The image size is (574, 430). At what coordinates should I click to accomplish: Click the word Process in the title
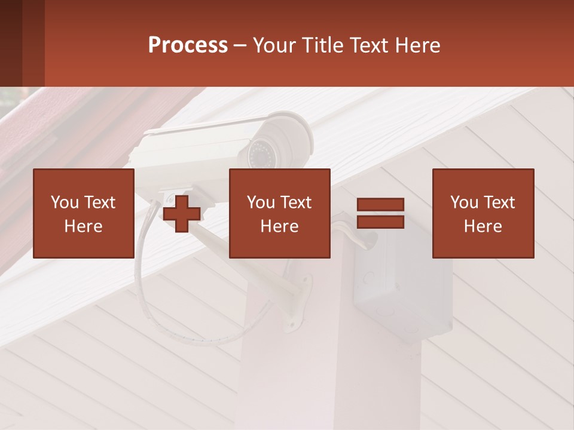pos(188,45)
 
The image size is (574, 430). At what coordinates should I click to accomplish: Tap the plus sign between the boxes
pos(182,214)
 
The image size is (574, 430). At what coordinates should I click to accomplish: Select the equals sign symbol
pos(380,213)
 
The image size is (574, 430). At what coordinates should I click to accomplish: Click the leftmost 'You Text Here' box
pos(83,213)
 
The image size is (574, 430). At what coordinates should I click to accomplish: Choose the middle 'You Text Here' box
pos(279,213)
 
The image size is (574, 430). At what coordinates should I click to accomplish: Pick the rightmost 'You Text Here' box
pos(483,213)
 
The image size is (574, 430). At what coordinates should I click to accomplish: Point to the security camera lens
pos(261,154)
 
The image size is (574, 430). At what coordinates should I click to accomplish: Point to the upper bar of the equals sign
pos(380,205)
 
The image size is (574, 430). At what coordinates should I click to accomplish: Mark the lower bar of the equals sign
pos(380,222)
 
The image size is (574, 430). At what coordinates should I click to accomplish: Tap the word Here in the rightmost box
pos(483,226)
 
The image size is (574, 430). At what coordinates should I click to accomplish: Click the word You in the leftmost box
pos(64,202)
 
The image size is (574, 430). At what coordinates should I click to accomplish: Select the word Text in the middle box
pos(295,202)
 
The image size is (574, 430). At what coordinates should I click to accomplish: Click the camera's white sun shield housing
pos(197,140)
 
